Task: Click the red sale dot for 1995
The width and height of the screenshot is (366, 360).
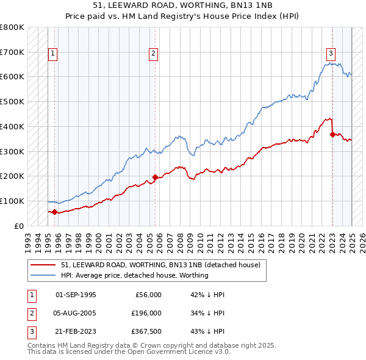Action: (x=54, y=212)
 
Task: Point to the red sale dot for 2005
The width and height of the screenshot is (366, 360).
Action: (x=155, y=178)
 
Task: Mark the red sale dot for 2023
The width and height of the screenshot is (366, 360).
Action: (x=332, y=134)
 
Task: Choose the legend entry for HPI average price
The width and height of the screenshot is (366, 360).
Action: (x=134, y=275)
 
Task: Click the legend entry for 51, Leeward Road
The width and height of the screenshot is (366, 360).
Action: (x=160, y=265)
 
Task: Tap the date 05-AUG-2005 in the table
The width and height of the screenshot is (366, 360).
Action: (x=76, y=313)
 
